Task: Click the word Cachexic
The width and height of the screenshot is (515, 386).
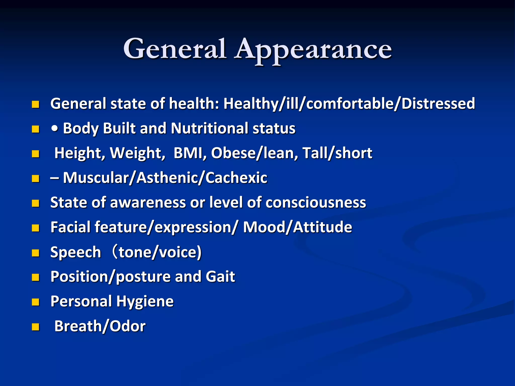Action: click(x=236, y=178)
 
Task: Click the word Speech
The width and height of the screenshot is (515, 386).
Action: click(x=76, y=252)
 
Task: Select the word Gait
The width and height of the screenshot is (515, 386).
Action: click(x=220, y=277)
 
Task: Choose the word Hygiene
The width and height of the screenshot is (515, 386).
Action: click(x=145, y=302)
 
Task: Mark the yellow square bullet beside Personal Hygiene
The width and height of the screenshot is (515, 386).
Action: click(x=35, y=302)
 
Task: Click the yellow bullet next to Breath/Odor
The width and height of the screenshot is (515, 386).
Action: click(x=35, y=327)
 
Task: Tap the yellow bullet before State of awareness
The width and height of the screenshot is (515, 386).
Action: click(x=35, y=203)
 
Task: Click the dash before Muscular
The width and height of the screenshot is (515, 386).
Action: click(x=55, y=178)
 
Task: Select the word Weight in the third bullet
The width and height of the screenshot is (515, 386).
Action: click(x=137, y=153)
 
